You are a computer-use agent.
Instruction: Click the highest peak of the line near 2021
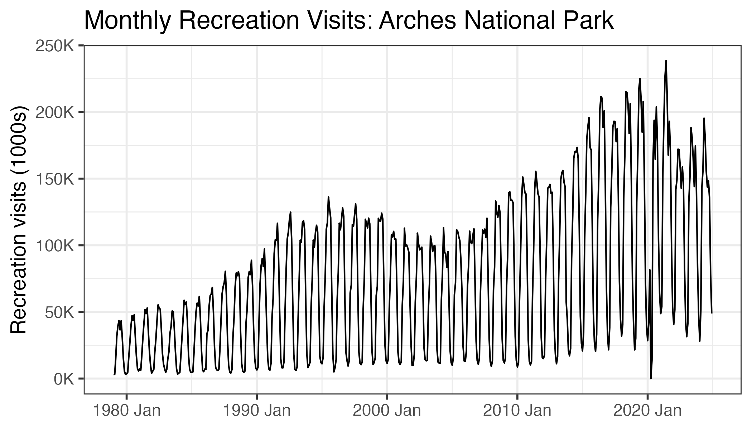(x=666, y=61)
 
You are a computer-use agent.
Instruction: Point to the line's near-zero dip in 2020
(x=651, y=378)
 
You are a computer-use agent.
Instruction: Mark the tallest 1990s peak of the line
(x=328, y=197)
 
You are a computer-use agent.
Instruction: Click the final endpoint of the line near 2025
(x=712, y=313)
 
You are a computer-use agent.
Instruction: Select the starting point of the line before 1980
(x=114, y=374)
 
